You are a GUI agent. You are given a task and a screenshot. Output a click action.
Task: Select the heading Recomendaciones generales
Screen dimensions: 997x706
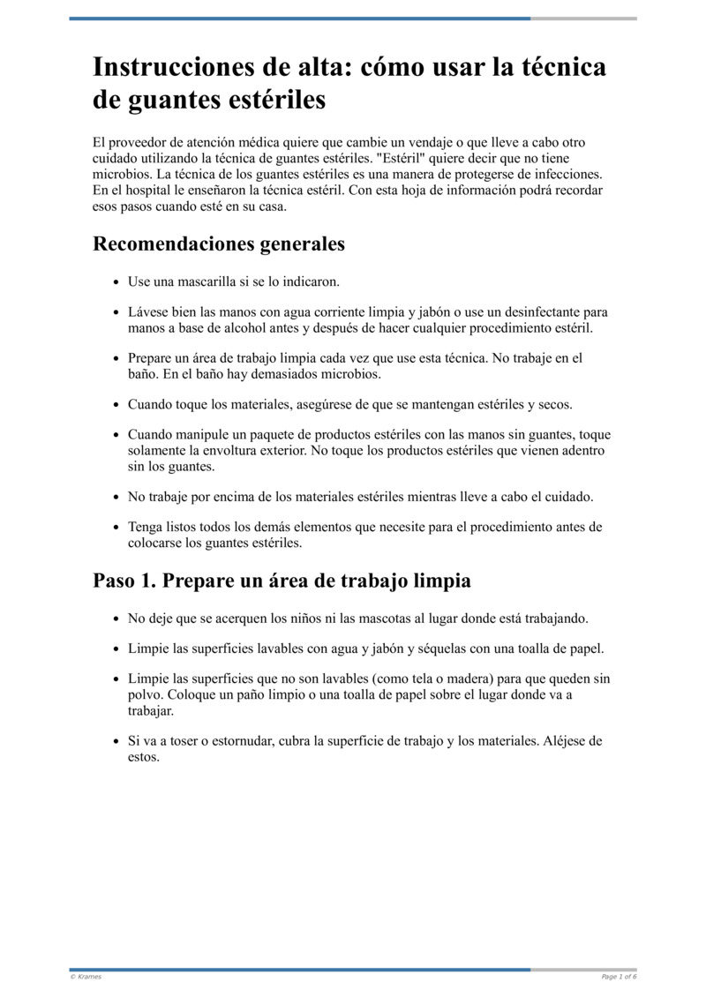click(219, 244)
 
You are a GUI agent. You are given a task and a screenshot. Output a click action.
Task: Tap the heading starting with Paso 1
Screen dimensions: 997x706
click(282, 581)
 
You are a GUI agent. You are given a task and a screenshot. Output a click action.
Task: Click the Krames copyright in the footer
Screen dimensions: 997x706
click(86, 977)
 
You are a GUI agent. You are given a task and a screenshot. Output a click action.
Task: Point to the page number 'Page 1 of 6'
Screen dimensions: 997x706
click(619, 977)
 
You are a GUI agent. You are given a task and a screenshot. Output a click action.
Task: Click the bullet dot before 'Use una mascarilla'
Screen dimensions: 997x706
click(116, 282)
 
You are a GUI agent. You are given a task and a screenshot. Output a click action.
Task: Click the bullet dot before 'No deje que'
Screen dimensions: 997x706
click(116, 619)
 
